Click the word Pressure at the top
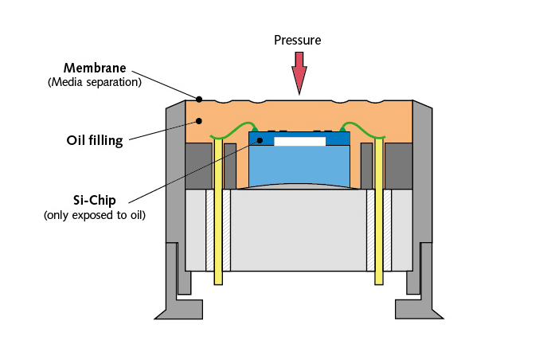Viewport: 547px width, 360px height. [298, 40]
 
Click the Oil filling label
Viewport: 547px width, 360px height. [94, 141]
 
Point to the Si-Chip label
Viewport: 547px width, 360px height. [95, 200]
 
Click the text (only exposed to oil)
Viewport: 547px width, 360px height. [95, 215]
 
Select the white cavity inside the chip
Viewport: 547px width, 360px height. [299, 141]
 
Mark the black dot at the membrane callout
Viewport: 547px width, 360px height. [199, 100]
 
